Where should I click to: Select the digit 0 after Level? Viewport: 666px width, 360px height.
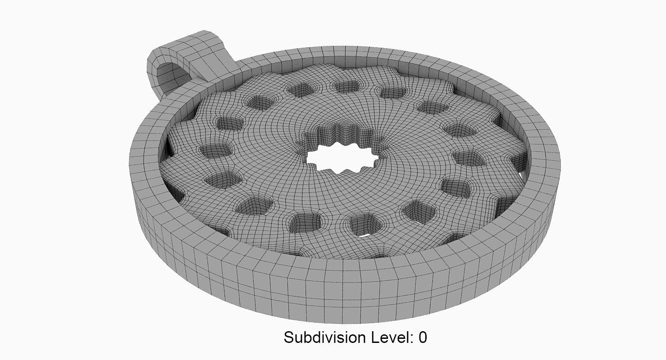422,337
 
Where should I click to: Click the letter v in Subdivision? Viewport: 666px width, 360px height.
334,337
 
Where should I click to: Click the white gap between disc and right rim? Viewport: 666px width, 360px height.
522,173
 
